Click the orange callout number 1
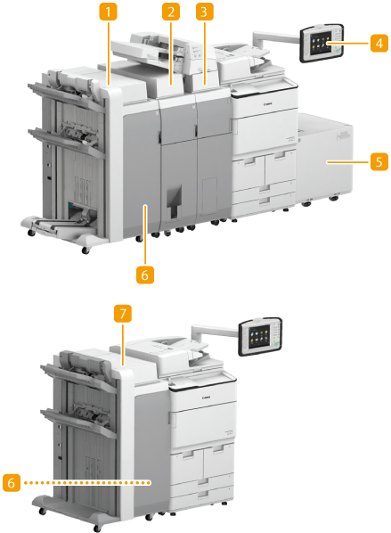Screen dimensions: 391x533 click(108, 12)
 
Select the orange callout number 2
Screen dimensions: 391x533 click(171, 12)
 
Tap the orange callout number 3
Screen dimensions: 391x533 click(204, 12)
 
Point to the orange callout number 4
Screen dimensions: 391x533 click(379, 44)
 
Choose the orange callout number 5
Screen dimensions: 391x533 click(379, 162)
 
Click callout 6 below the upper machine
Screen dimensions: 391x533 click(145, 275)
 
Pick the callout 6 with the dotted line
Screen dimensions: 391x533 click(12, 483)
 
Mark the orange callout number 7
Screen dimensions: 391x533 click(123, 313)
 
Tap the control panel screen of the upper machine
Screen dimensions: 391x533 click(321, 43)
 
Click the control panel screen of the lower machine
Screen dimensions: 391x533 click(259, 337)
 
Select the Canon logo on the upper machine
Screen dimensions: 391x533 click(268, 104)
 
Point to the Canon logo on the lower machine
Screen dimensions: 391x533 click(206, 397)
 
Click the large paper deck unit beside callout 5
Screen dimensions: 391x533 click(324, 160)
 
